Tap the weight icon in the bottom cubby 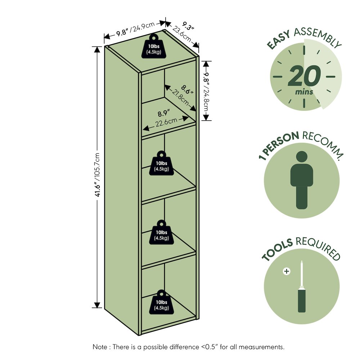click(x=161, y=302)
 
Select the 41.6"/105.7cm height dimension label click(x=97, y=175)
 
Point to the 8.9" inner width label click(x=163, y=113)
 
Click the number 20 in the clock click(x=304, y=76)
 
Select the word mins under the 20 click(x=304, y=92)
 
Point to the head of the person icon click(x=302, y=157)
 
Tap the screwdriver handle click(x=302, y=301)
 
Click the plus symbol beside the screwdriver click(x=287, y=271)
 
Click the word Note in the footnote click(x=100, y=347)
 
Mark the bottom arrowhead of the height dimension click(x=98, y=305)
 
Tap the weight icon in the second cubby click(x=161, y=163)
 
